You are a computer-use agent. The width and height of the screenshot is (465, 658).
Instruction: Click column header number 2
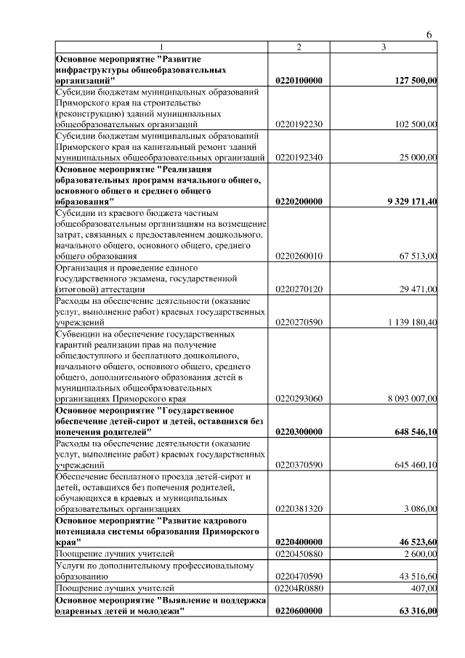click(x=299, y=47)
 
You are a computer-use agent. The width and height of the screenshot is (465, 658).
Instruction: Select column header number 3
click(x=384, y=47)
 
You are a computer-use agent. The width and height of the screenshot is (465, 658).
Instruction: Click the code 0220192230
click(x=299, y=124)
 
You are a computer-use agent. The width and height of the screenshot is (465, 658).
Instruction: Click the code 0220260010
click(x=299, y=256)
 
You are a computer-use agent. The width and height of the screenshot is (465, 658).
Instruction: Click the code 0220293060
click(x=299, y=398)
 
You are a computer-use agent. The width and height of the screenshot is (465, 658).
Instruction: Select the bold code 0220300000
click(x=299, y=432)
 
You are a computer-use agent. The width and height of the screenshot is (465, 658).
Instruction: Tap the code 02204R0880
click(x=299, y=587)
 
